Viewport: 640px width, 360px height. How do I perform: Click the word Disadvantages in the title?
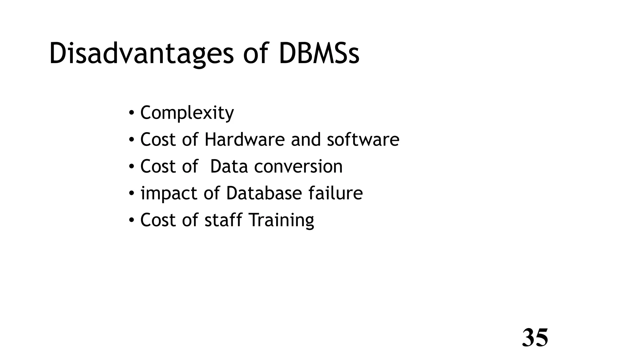click(141, 54)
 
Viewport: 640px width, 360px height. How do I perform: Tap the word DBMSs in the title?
click(319, 54)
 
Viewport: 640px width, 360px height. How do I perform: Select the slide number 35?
click(535, 338)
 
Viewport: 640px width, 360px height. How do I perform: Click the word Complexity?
click(187, 113)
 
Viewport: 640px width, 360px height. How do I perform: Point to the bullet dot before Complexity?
click(132, 112)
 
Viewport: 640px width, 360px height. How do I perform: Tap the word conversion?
click(298, 166)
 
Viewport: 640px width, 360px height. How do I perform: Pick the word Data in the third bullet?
click(229, 166)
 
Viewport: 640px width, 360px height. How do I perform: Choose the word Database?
click(264, 193)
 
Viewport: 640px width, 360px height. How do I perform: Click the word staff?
click(223, 220)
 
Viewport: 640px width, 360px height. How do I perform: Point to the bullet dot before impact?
click(132, 193)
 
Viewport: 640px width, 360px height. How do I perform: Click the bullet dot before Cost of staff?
click(132, 220)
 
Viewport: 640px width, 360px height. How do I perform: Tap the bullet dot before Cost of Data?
click(132, 166)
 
